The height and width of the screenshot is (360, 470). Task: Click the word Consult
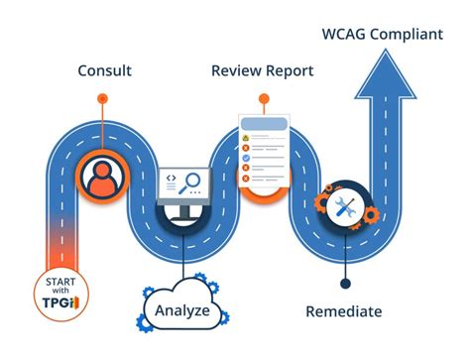(x=104, y=71)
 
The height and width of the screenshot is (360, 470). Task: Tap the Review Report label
(x=262, y=71)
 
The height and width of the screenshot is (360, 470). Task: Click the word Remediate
(x=342, y=311)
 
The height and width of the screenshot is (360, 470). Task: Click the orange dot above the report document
(x=262, y=98)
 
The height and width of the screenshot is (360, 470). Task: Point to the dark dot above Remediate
(x=343, y=282)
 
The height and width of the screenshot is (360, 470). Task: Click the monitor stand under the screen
(x=183, y=210)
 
